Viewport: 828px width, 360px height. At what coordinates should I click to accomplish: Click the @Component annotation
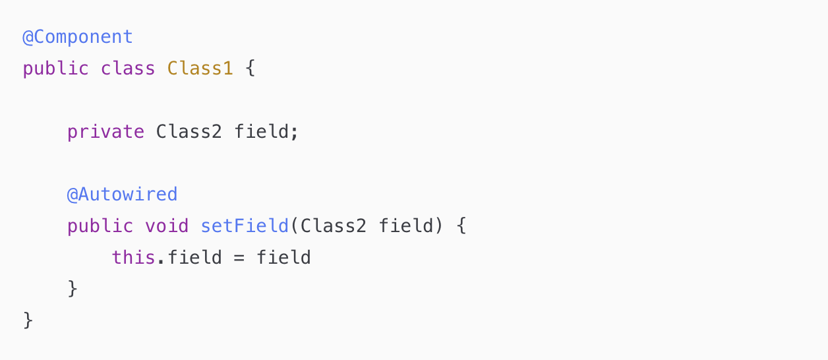(x=78, y=37)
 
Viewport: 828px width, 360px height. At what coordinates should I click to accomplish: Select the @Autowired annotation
(x=122, y=195)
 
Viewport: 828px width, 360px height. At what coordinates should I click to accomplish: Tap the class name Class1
(x=200, y=69)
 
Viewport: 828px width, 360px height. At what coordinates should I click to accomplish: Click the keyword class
(x=128, y=69)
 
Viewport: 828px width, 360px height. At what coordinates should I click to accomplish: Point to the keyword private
(x=105, y=132)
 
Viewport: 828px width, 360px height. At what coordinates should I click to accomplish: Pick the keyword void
(x=167, y=226)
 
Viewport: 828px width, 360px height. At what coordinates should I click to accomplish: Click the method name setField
(x=245, y=226)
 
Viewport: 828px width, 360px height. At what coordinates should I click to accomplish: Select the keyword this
(x=133, y=257)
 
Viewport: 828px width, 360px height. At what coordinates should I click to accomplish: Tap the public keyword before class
(x=55, y=69)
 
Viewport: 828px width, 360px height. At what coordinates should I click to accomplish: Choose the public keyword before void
(x=100, y=226)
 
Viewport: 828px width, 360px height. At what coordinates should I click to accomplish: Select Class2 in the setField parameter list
(x=333, y=226)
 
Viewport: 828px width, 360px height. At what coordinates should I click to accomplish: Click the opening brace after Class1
(x=250, y=69)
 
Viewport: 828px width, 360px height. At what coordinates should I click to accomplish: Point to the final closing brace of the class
(x=28, y=320)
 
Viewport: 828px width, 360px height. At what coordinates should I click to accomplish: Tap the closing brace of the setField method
(x=73, y=289)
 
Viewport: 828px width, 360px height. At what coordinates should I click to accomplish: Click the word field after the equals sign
(x=283, y=257)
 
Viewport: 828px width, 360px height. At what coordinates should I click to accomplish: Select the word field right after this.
(x=194, y=257)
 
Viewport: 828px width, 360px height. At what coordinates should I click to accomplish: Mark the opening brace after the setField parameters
(x=461, y=226)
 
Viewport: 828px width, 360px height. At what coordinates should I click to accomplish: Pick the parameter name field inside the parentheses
(x=405, y=226)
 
